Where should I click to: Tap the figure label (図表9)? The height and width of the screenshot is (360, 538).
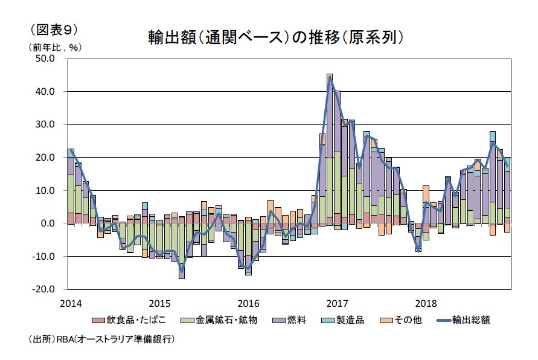tap(51, 29)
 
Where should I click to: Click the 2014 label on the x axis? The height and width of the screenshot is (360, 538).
tap(70, 303)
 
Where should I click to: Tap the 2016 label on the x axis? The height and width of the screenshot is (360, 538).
tap(248, 303)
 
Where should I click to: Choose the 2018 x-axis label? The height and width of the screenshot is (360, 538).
tap(426, 303)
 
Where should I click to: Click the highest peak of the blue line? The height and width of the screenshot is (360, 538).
tap(330, 79)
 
